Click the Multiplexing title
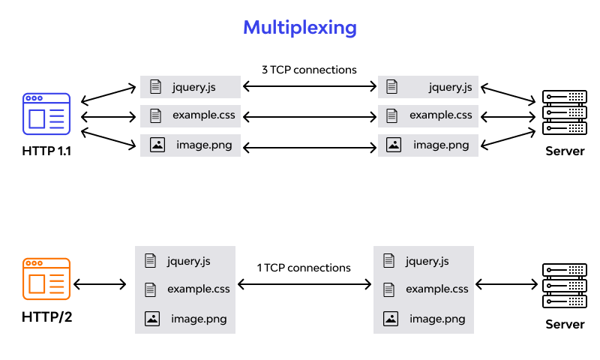pyautogui.click(x=300, y=28)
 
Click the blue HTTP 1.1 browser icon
pyautogui.click(x=46, y=115)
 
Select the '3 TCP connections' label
pyautogui.click(x=309, y=70)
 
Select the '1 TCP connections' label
pyautogui.click(x=304, y=268)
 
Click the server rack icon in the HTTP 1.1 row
pyautogui.click(x=565, y=113)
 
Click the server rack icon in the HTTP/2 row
pyautogui.click(x=565, y=286)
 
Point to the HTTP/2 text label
pyautogui.click(x=46, y=316)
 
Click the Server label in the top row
pyautogui.click(x=565, y=151)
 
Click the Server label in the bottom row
pyautogui.click(x=565, y=324)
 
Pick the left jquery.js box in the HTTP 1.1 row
pyautogui.click(x=190, y=87)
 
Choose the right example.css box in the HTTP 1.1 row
pyautogui.click(x=428, y=115)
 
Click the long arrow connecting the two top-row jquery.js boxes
pyautogui.click(x=309, y=87)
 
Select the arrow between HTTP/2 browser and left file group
pyautogui.click(x=100, y=284)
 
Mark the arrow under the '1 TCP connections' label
pyautogui.click(x=304, y=284)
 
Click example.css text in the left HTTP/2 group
pyautogui.click(x=199, y=289)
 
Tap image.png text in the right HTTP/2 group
pyautogui.click(x=437, y=319)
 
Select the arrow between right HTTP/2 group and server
pyautogui.click(x=508, y=284)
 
